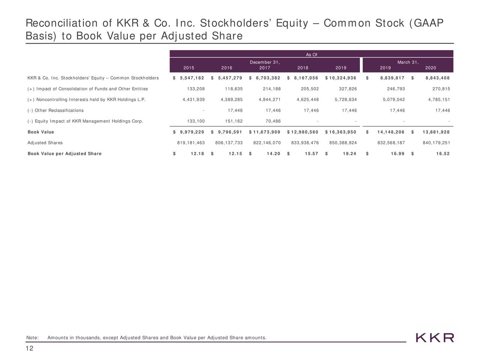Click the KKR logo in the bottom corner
(435, 337)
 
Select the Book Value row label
(41, 132)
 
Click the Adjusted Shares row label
(45, 143)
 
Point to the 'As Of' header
(311, 55)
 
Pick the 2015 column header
(189, 68)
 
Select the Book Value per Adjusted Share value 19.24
(348, 154)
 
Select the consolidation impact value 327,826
(348, 89)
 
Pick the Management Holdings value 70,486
(272, 121)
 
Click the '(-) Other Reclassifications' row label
(55, 111)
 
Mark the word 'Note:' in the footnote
(33, 338)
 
